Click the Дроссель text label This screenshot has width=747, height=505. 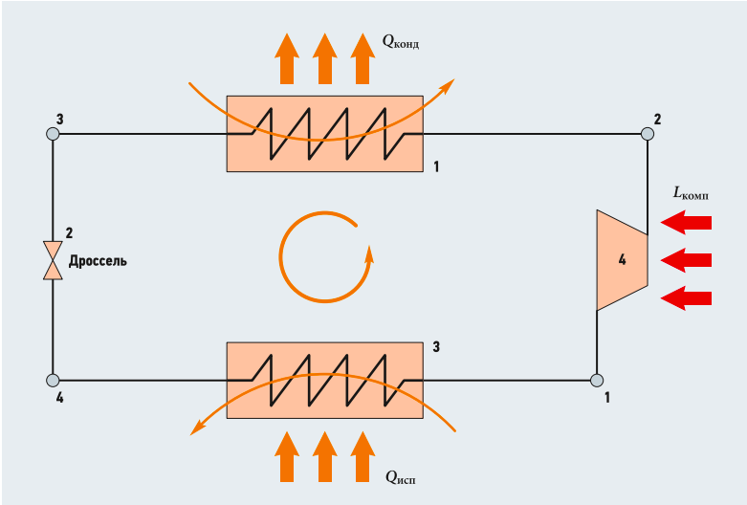(98, 260)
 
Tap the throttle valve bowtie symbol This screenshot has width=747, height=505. (54, 260)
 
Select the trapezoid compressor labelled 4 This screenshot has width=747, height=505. (622, 260)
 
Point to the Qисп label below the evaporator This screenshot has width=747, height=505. (400, 475)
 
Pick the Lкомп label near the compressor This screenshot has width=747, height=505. (691, 193)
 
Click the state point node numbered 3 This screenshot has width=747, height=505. (54, 134)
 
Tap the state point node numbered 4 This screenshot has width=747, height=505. (54, 381)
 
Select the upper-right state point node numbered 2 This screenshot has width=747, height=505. (648, 134)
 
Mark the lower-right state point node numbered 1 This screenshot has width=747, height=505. (597, 381)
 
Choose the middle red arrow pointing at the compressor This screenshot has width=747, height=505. (687, 260)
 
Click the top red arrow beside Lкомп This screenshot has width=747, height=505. (687, 223)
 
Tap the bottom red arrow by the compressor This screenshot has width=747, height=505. (687, 298)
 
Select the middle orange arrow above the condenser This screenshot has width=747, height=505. (324, 58)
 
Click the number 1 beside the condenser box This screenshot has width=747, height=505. (437, 167)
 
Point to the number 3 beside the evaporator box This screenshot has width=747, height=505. (436, 345)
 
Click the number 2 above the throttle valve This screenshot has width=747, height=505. (69, 233)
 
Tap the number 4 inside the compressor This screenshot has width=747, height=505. (622, 260)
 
